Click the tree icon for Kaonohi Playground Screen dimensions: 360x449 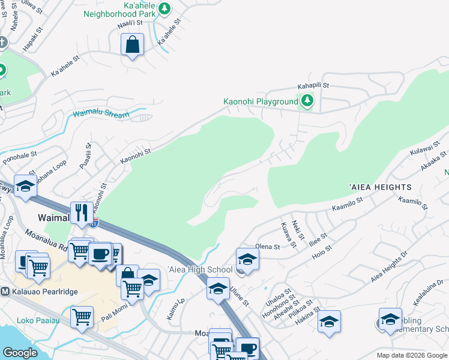pos(307,100)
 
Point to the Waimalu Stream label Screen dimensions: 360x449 pos(101,114)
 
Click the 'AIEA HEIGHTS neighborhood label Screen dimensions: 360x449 pos(380,188)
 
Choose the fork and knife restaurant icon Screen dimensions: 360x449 pos(80,212)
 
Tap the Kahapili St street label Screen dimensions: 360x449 pos(310,86)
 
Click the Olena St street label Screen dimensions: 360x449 pos(268,247)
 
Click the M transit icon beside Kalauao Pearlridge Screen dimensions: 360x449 pos(4,292)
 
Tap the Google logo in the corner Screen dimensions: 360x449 pos(20,353)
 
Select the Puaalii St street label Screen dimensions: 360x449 pos(88,156)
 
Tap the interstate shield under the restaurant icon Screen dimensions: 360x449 pos(94,223)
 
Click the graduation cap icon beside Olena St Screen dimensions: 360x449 pos(246,259)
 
